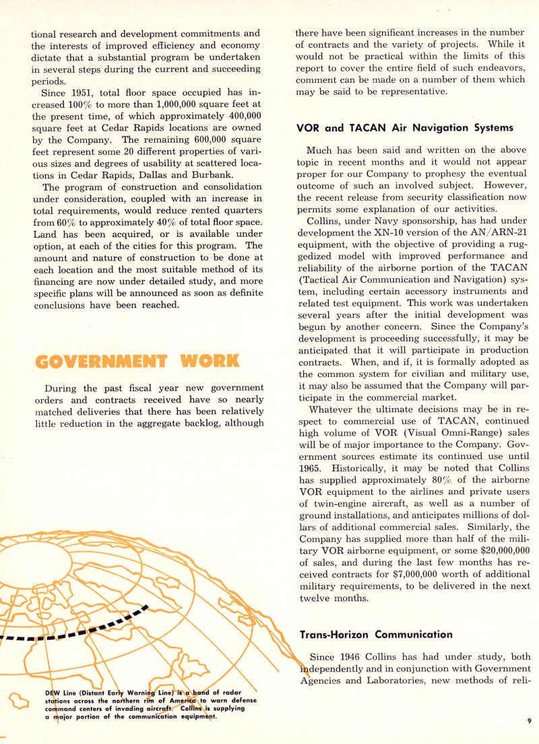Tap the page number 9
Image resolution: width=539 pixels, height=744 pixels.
pyautogui.click(x=530, y=721)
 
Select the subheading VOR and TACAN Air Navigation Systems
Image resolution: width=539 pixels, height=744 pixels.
pyautogui.click(x=404, y=127)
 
